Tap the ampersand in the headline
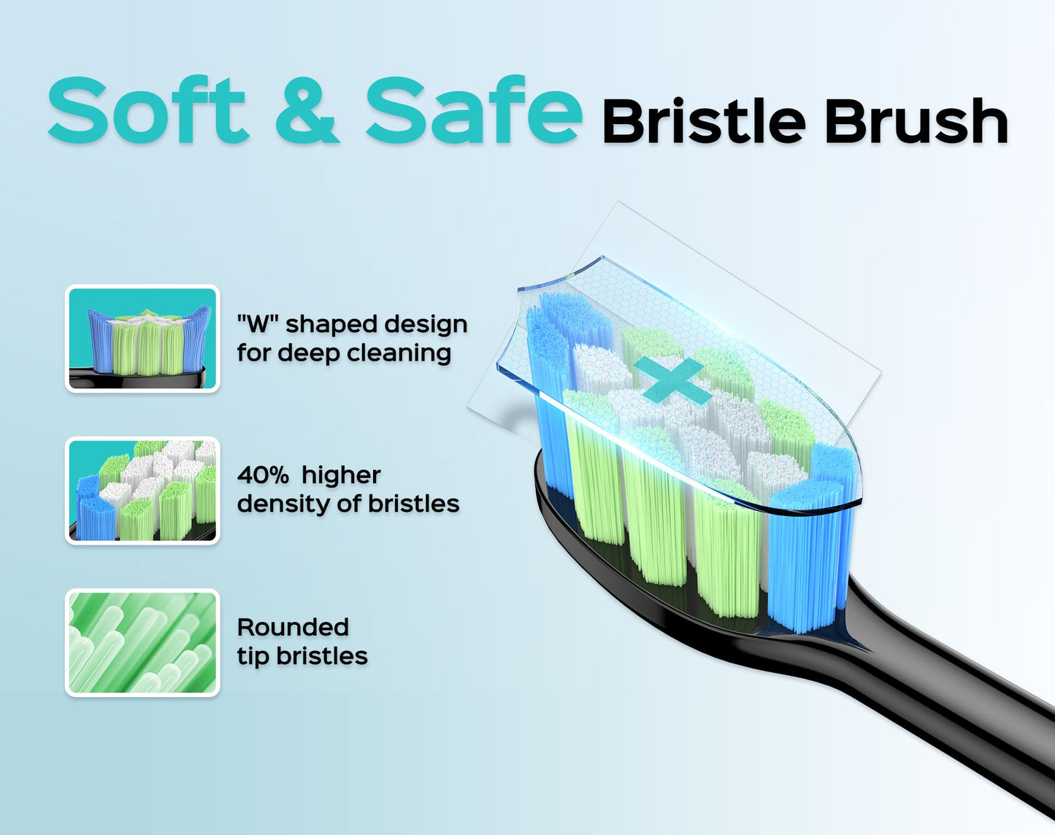pyautogui.click(x=307, y=111)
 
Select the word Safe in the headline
pyautogui.click(x=474, y=111)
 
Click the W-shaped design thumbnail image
pyautogui.click(x=142, y=339)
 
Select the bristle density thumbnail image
pyautogui.click(x=142, y=490)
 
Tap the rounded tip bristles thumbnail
pyautogui.click(x=142, y=642)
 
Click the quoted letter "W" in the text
pyautogui.click(x=253, y=324)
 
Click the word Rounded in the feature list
pyautogui.click(x=293, y=627)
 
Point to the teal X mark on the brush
pyautogui.click(x=672, y=380)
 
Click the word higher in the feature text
pyautogui.click(x=341, y=475)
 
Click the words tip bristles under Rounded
pyautogui.click(x=302, y=655)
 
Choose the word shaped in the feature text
pyautogui.click(x=336, y=324)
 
